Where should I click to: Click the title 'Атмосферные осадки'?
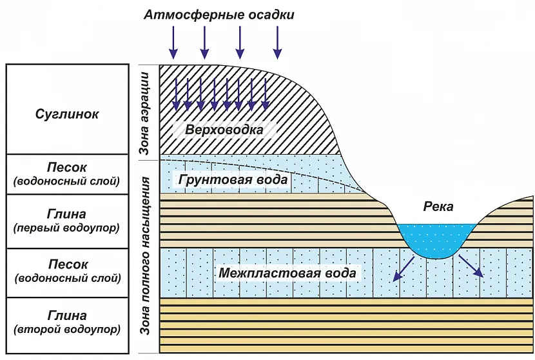pos(219,14)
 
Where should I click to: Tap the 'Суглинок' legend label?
pos(67,114)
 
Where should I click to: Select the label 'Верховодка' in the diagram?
pos(224,130)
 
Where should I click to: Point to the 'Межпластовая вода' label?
pos(287,273)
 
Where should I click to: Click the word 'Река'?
pos(438,206)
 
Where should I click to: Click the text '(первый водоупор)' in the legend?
pos(67,228)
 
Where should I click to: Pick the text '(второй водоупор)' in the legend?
pos(67,330)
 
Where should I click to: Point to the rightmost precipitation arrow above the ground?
pos(278,43)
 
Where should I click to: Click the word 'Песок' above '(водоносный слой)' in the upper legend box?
pos(67,167)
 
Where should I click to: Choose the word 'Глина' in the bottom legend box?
pos(67,315)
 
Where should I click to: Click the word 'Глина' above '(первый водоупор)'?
pos(67,214)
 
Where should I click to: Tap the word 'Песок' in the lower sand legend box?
pos(67,265)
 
